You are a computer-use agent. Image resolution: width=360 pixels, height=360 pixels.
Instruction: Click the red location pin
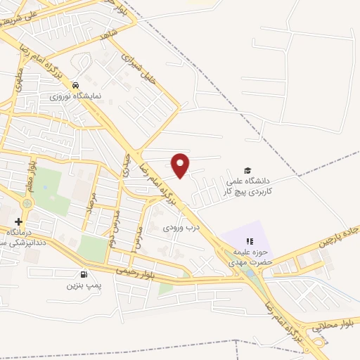(x=181, y=164)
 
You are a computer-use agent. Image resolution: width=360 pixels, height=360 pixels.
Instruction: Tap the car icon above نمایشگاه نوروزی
(x=86, y=82)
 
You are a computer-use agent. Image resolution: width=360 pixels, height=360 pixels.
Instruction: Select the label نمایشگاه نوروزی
(x=85, y=94)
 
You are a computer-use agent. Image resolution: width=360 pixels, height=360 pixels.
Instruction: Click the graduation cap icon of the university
(x=247, y=170)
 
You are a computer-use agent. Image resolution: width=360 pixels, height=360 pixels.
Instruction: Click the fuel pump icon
(x=84, y=274)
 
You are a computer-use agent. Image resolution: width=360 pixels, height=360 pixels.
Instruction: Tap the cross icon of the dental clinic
(x=18, y=221)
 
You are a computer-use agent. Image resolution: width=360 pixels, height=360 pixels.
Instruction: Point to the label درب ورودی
(x=182, y=228)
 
